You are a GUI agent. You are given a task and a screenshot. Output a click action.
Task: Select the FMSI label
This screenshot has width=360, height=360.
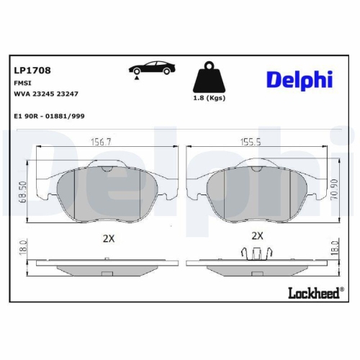click(x=22, y=84)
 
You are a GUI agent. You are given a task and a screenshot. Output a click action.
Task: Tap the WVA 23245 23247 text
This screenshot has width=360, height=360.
click(x=46, y=94)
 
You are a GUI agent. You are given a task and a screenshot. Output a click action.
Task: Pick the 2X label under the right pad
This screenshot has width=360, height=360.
click(x=257, y=235)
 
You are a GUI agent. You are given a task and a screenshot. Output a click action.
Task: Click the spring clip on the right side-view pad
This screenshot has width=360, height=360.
click(x=257, y=253)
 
